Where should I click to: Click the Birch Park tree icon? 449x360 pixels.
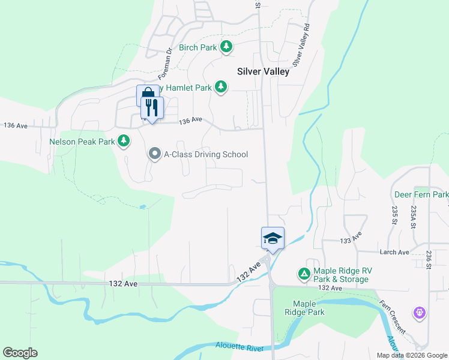226,46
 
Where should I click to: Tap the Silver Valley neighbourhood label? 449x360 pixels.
263,71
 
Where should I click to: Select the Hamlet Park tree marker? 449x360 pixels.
221,87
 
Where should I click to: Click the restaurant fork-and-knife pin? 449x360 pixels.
152,108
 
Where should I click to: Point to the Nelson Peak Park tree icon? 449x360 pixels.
124,141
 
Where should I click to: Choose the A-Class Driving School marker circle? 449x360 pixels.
154,154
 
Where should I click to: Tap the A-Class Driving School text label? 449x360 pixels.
206,154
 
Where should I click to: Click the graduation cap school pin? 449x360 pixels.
273,238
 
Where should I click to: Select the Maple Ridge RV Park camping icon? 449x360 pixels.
304,274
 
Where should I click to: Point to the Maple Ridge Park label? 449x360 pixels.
308,308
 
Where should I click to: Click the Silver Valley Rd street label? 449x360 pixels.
301,46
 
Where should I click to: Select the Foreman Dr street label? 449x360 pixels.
165,64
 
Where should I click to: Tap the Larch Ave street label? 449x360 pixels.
394,252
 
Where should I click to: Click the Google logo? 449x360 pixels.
20,352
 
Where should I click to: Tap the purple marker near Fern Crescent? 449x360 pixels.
419,313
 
